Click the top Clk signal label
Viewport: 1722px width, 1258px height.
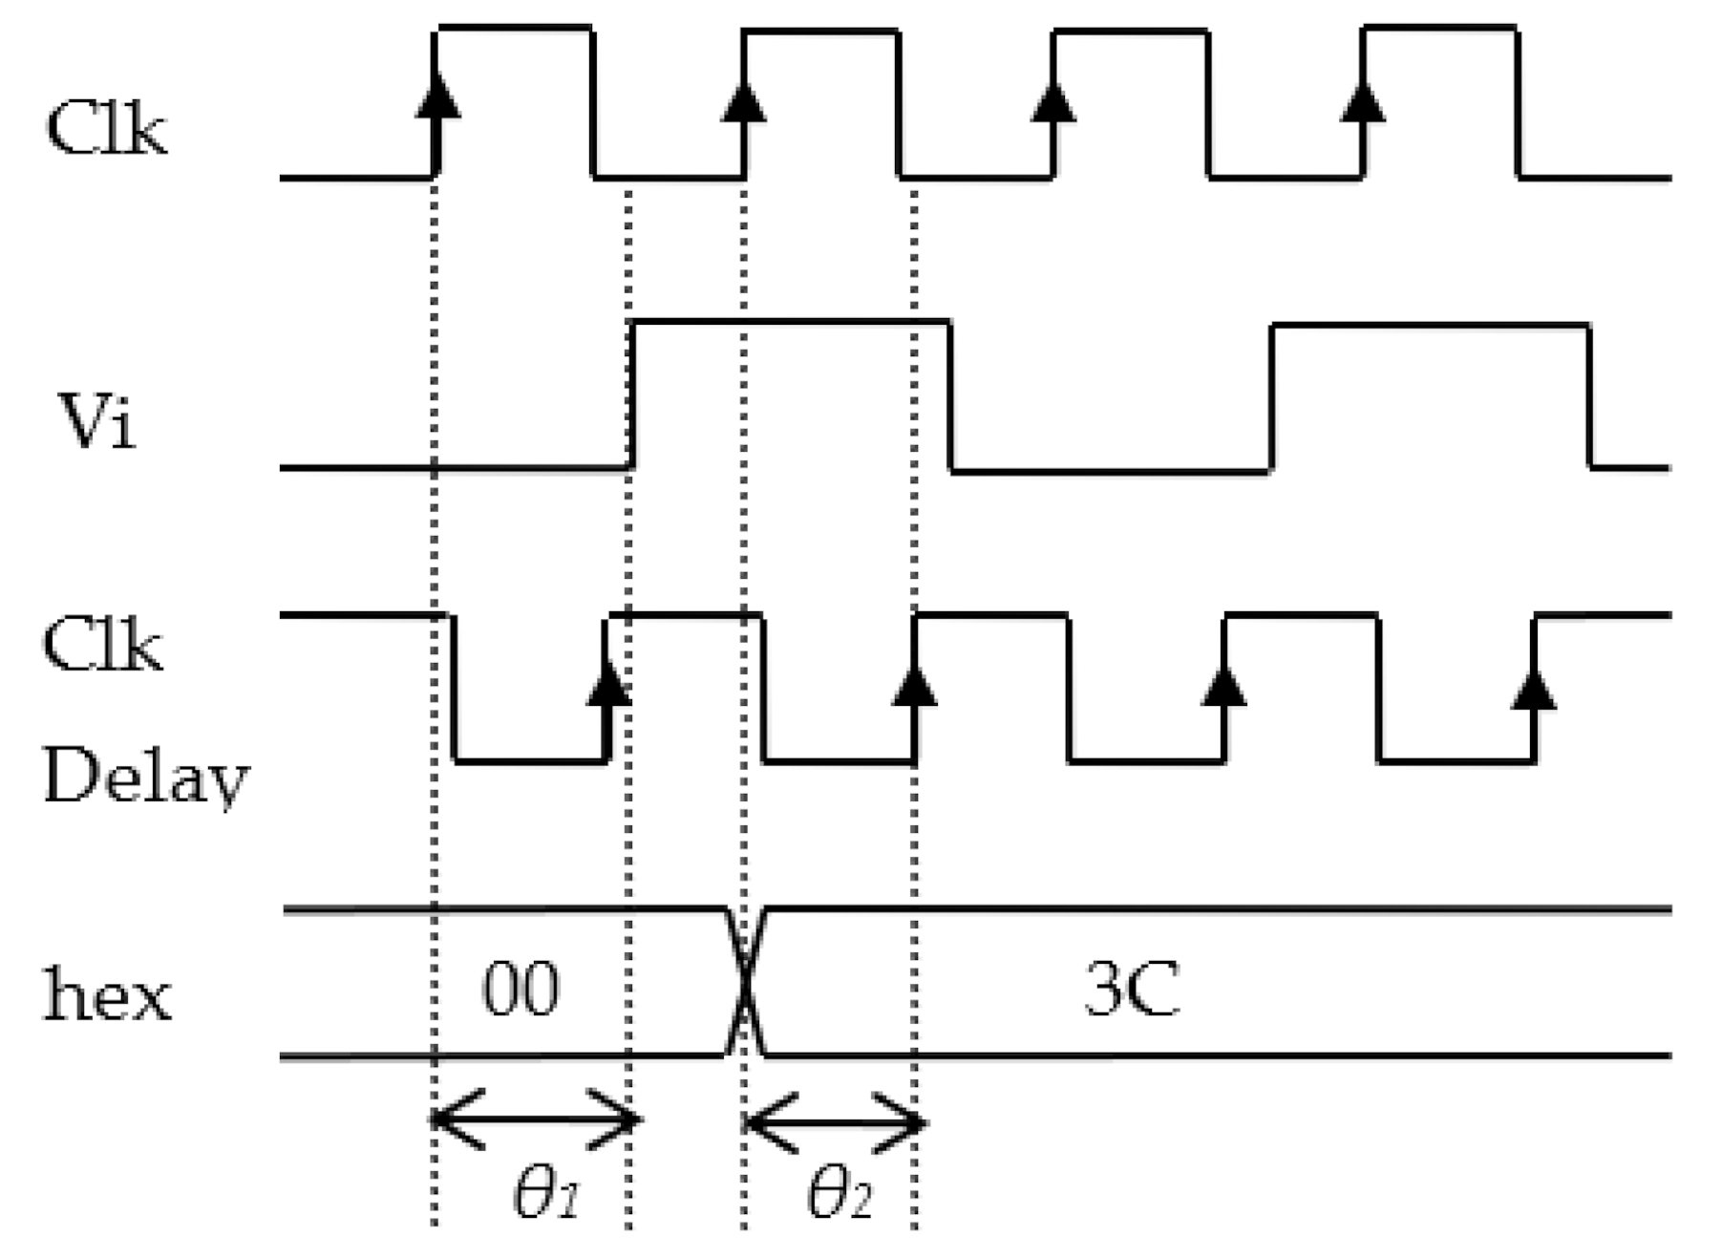[106, 129]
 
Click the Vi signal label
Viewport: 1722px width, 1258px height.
[96, 420]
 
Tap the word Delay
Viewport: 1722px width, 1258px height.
[145, 776]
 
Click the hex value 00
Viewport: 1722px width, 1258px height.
[521, 990]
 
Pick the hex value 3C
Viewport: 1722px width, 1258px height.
[1132, 990]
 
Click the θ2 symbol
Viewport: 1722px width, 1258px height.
[840, 1193]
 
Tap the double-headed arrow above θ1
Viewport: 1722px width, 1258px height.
[535, 1119]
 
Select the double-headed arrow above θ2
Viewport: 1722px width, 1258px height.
[834, 1123]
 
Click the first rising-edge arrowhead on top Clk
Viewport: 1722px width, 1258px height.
[437, 96]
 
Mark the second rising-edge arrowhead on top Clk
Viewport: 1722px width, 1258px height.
[743, 100]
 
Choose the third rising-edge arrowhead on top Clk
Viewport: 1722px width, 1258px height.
[1052, 100]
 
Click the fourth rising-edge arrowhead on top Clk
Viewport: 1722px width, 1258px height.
[1362, 100]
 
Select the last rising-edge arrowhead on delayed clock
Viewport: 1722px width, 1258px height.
[1533, 687]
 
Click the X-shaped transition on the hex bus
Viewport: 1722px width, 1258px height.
[745, 983]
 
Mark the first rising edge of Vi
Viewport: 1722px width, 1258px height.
[631, 395]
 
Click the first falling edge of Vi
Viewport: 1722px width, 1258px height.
[950, 395]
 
